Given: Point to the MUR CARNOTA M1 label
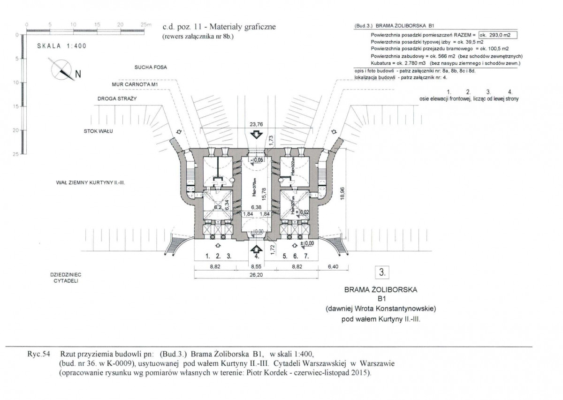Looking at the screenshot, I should pyautogui.click(x=134, y=84).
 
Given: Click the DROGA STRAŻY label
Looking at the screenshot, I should pyautogui.click(x=116, y=100).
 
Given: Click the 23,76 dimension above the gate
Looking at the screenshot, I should pyautogui.click(x=256, y=124).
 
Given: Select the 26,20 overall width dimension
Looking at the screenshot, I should pyautogui.click(x=256, y=276).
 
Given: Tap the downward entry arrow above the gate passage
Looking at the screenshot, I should pyautogui.click(x=256, y=135).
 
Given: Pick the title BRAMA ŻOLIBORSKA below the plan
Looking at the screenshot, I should pyautogui.click(x=380, y=289).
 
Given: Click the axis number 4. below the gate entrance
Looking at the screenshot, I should pyautogui.click(x=257, y=257).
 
